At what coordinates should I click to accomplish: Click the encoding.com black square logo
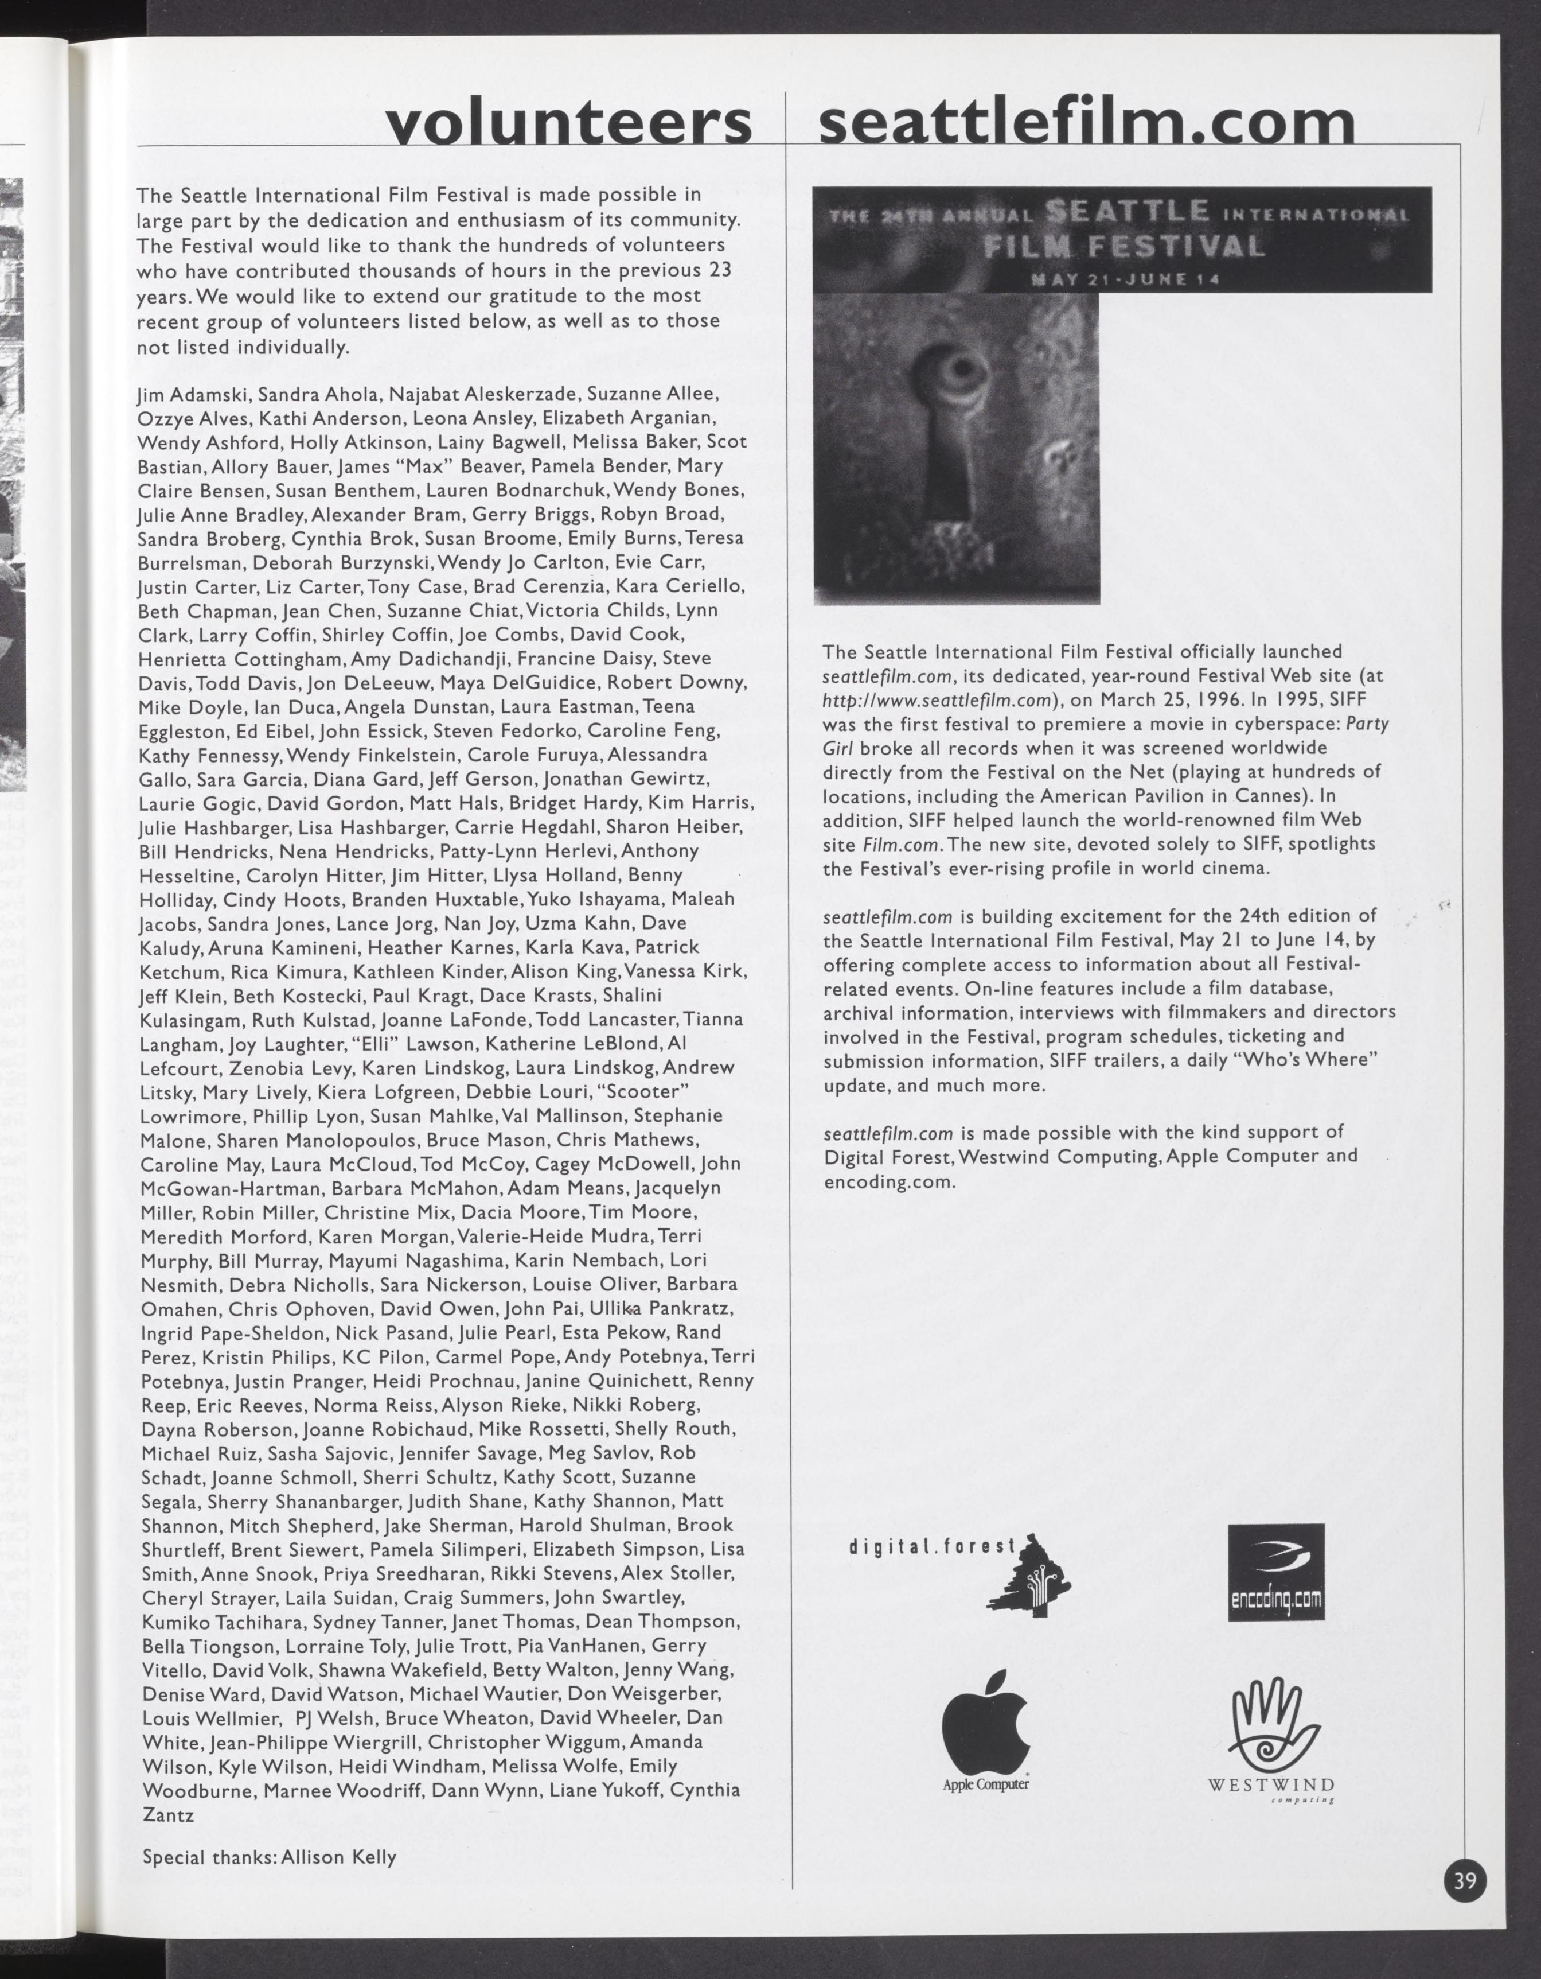point(1275,1573)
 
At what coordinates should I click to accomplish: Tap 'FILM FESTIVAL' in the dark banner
point(1123,247)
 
